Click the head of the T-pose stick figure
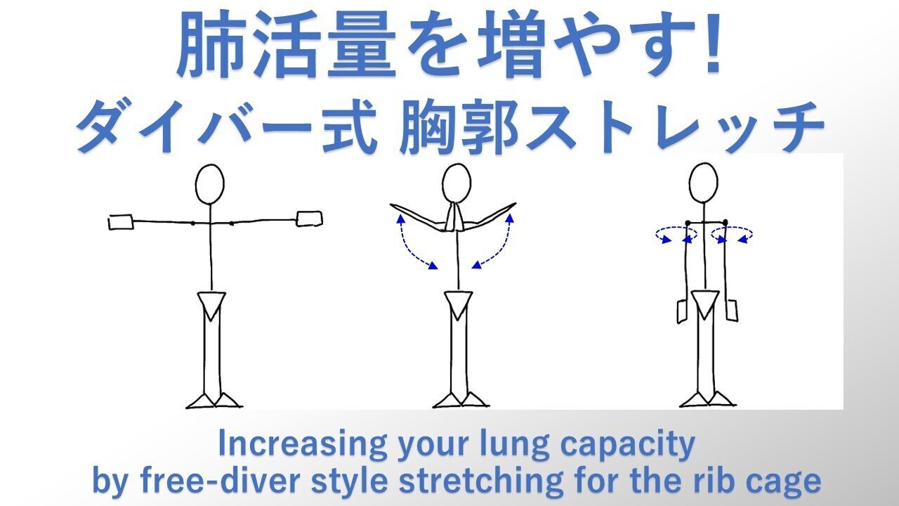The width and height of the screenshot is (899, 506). point(209,185)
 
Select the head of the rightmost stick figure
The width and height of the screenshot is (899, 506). point(703,183)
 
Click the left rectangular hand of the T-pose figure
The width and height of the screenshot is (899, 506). point(121,222)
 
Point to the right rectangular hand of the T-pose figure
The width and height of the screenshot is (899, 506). point(310,219)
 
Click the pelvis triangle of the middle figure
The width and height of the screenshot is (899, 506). point(458,304)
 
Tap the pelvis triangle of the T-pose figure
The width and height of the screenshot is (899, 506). point(211,303)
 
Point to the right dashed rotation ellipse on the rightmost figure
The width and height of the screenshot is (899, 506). point(733,233)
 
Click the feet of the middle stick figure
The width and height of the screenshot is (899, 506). point(460,400)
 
